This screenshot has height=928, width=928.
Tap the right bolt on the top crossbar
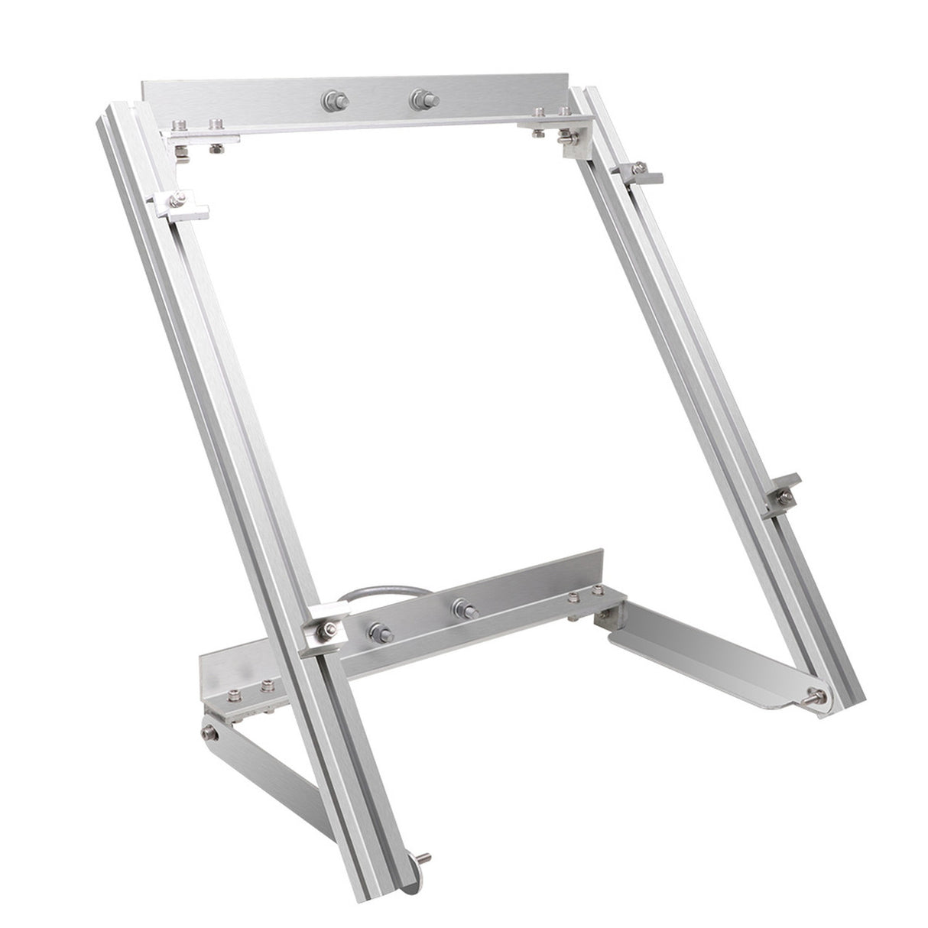(420, 98)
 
